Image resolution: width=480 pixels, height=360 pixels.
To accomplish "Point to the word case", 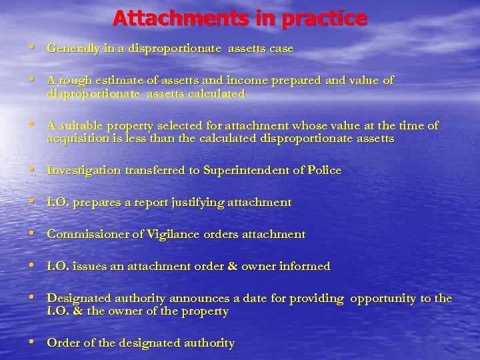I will pyautogui.click(x=281, y=49).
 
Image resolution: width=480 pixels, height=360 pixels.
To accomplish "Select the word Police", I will pyautogui.click(x=324, y=170).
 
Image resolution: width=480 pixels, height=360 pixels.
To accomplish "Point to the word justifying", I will pyautogui.click(x=197, y=202).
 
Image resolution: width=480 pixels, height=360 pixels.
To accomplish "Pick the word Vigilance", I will pyautogui.click(x=179, y=234).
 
